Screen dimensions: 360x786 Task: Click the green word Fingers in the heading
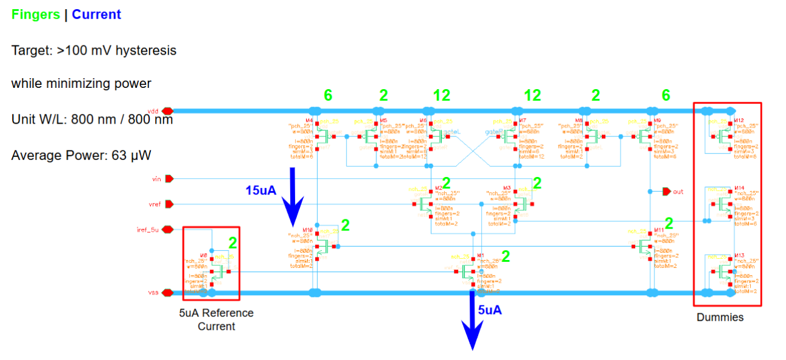coord(36,15)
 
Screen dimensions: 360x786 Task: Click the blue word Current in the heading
coord(96,15)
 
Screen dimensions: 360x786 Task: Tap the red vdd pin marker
coord(167,111)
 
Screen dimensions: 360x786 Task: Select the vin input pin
coord(169,179)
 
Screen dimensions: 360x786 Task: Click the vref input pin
coord(169,204)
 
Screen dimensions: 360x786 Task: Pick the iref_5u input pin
coord(169,230)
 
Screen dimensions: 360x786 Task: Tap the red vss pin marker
coord(167,293)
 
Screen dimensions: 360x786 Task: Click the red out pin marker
coord(667,192)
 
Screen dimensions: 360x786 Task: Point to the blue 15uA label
coord(261,190)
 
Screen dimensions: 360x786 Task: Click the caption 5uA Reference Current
coord(216,319)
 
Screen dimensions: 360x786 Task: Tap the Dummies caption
coord(719,317)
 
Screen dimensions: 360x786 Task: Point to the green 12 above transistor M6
coord(441,95)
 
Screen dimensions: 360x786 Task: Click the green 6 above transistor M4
coord(328,95)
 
